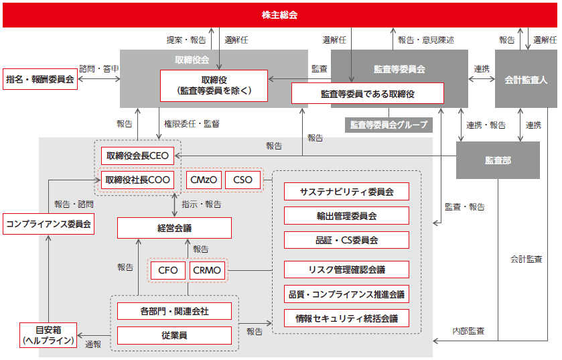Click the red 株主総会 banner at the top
[279, 15]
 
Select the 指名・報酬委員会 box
[40, 79]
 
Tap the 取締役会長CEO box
[137, 156]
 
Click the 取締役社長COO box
[137, 180]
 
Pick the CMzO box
[204, 180]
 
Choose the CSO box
[242, 180]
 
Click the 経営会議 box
[175, 228]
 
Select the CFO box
[167, 270]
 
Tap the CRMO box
[207, 270]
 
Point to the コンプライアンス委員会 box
[49, 224]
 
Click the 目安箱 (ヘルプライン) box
[48, 335]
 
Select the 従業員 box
[175, 335]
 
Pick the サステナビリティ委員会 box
[346, 192]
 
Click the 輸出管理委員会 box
[346, 215]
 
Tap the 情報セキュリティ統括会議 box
[346, 318]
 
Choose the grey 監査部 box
[498, 160]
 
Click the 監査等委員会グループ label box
[389, 125]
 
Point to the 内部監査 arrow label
[468, 331]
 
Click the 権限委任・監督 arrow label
[192, 124]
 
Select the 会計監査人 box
[526, 79]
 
